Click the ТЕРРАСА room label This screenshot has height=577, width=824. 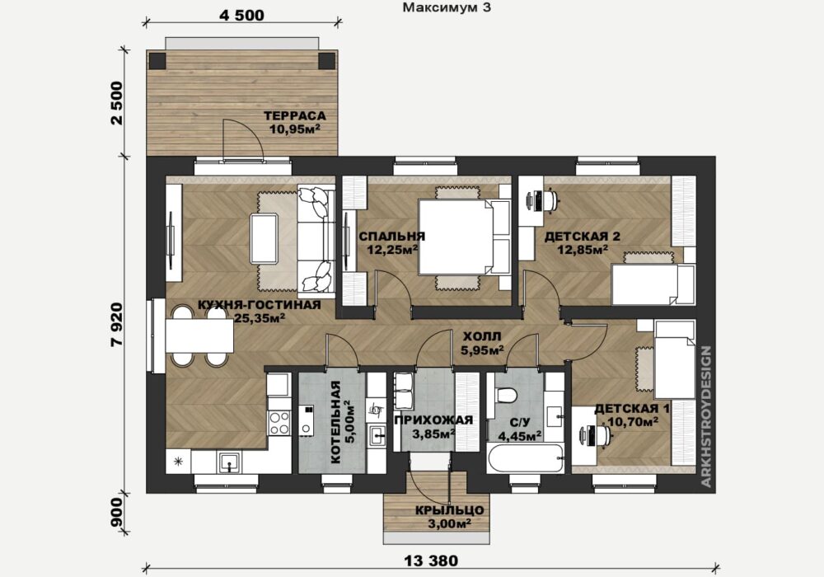(295, 115)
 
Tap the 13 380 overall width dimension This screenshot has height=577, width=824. (431, 561)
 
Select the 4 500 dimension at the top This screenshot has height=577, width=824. (241, 15)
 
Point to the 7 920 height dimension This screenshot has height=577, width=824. (117, 324)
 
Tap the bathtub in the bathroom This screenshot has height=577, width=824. (526, 459)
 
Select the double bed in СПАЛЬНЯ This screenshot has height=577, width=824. (464, 237)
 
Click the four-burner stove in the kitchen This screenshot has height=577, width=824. (279, 423)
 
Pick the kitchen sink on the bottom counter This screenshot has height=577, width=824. (230, 463)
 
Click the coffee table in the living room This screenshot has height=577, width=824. (265, 238)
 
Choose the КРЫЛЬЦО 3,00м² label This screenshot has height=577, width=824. (449, 517)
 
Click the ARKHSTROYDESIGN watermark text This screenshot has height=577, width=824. (706, 416)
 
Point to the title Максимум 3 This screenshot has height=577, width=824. (447, 7)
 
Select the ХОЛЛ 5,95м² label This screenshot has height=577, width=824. (482, 343)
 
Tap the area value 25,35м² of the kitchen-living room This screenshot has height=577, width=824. (260, 317)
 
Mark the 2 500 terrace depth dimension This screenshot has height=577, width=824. (117, 102)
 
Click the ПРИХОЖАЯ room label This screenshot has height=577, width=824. (433, 420)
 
